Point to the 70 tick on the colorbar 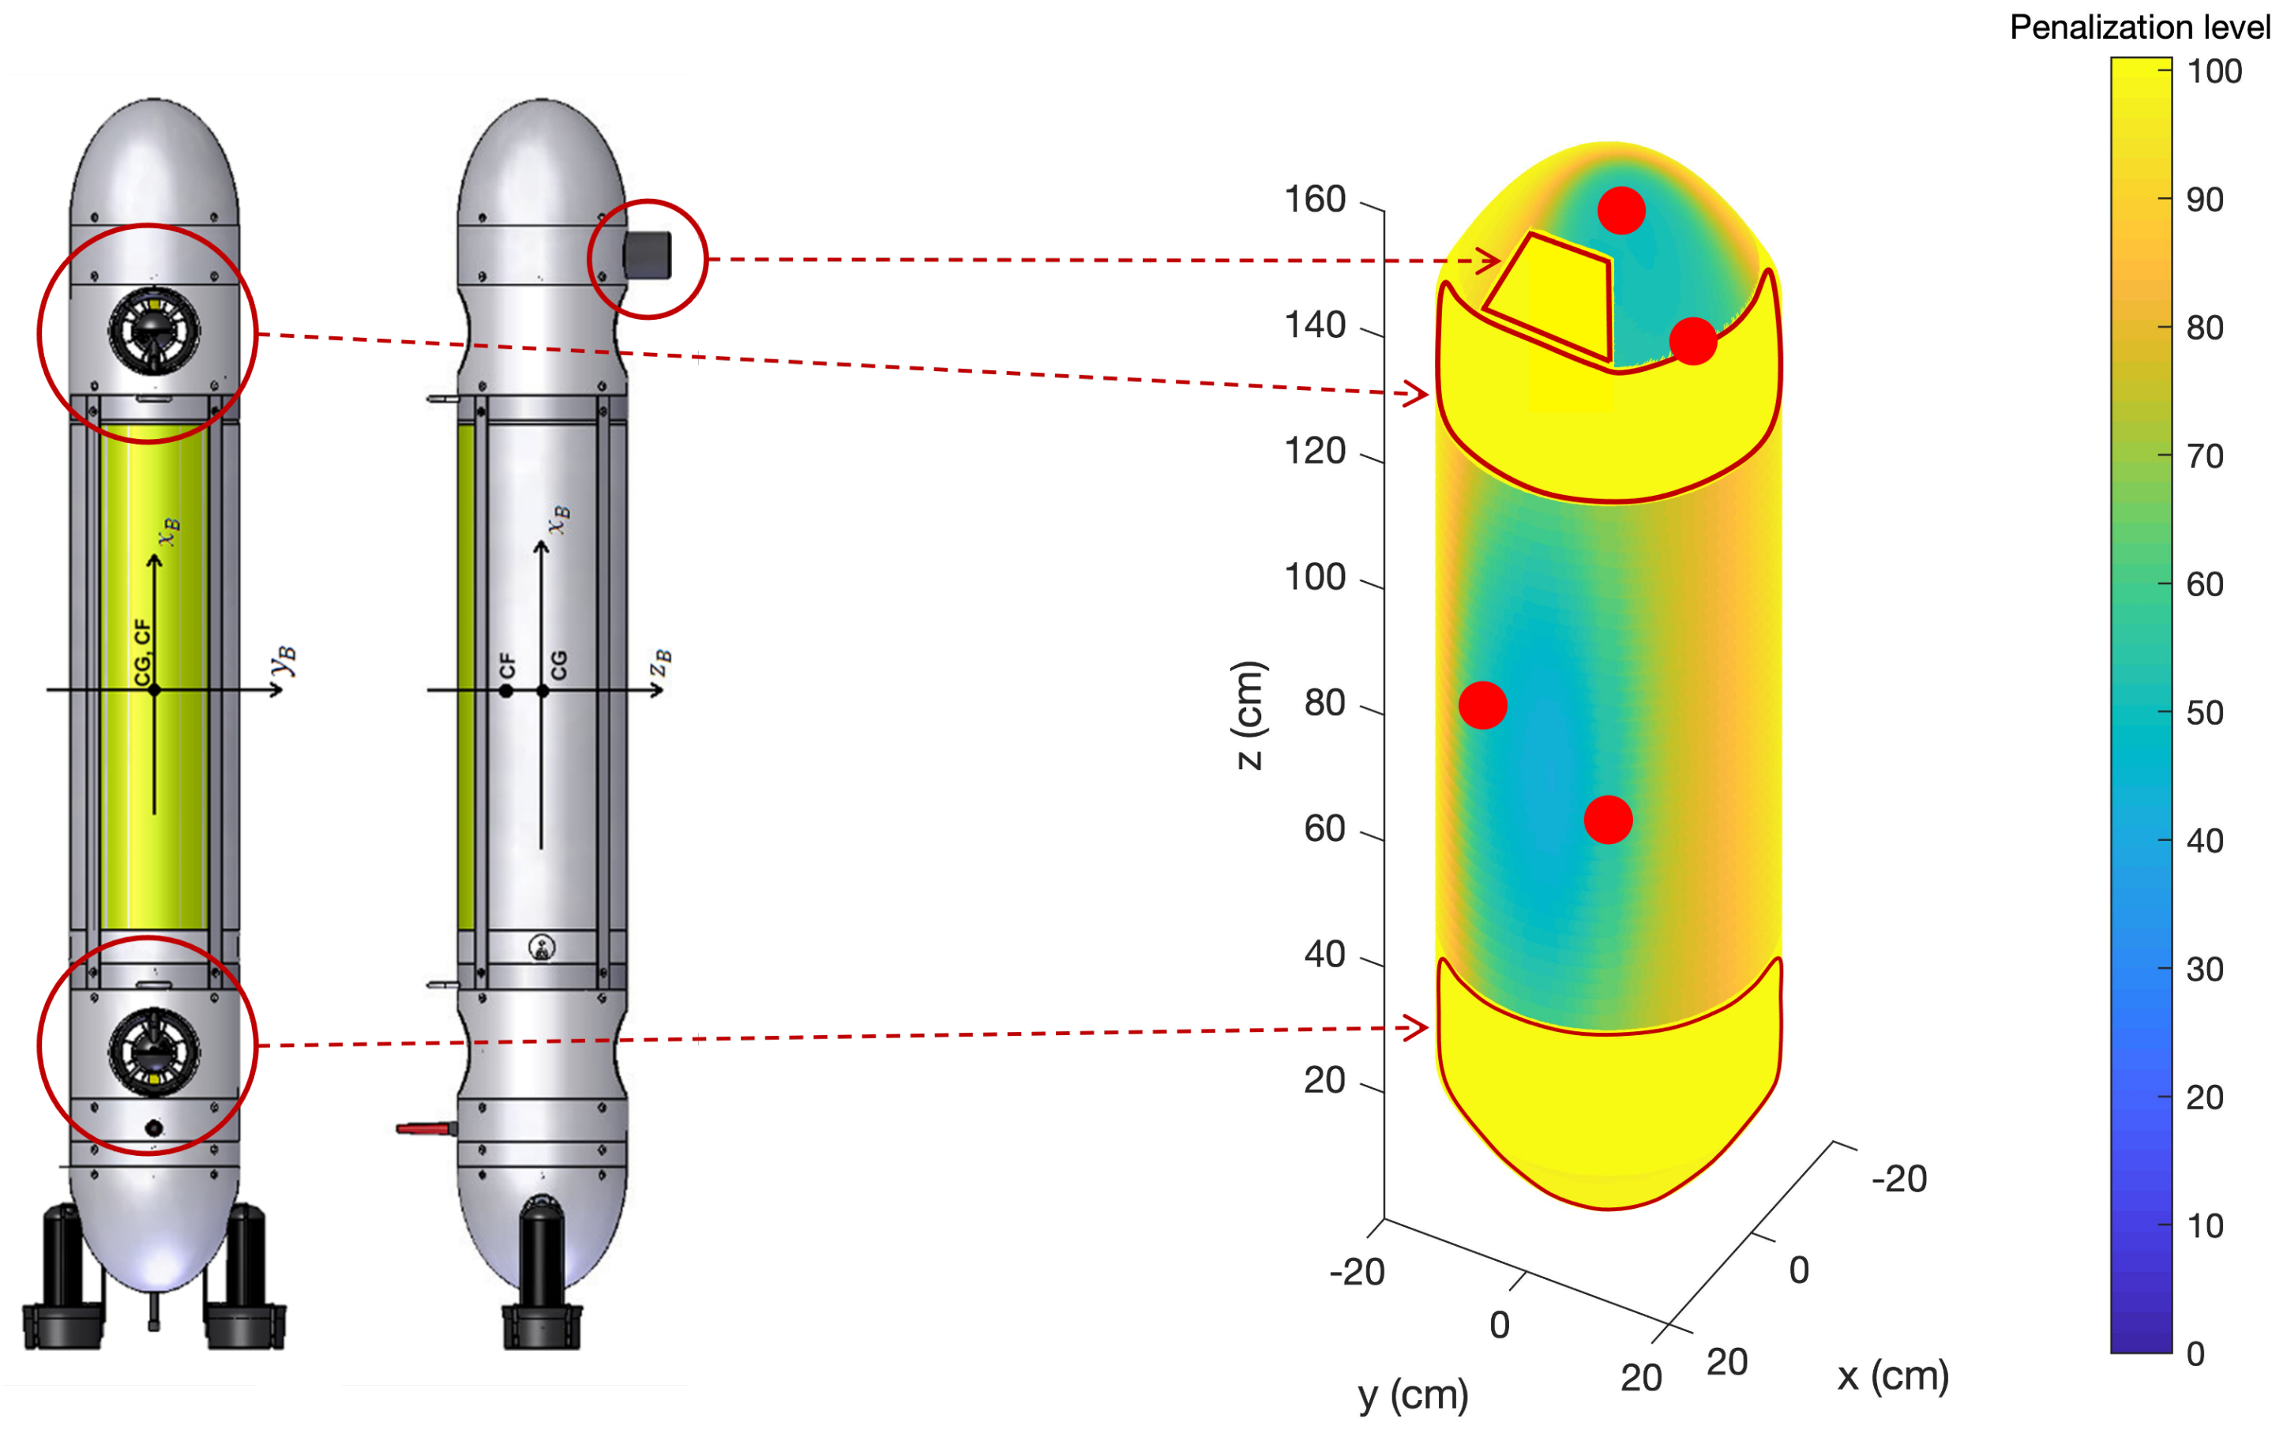coord(2165,456)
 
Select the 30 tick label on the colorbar coord(2203,969)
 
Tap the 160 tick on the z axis coord(1373,205)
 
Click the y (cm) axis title coord(1412,1394)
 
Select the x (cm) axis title coord(1892,1375)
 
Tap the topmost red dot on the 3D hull coord(1620,210)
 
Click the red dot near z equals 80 coord(1482,705)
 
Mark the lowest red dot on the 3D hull coord(1608,819)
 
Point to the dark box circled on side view coord(647,256)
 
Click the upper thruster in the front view coord(154,332)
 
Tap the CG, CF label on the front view coord(141,651)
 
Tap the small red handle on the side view coord(423,1128)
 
